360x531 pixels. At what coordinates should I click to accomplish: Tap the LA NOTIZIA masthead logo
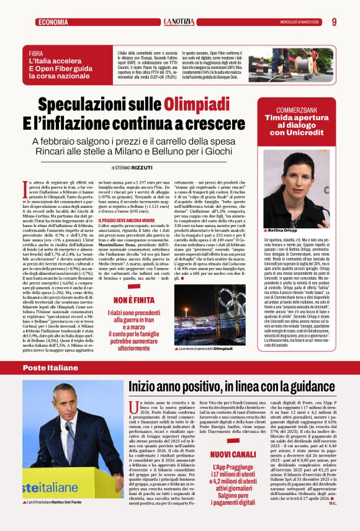click(x=179, y=22)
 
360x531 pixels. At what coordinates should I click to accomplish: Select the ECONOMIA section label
click(x=53, y=22)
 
